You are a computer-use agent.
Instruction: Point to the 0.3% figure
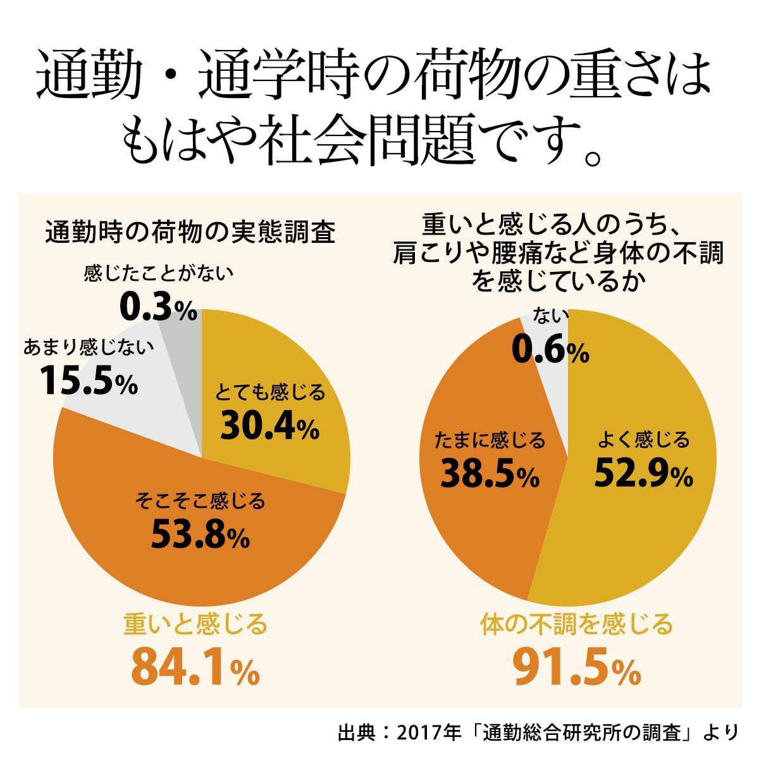coord(158,308)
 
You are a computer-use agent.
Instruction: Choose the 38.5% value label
coord(490,474)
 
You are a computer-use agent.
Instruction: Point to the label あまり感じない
coord(89,347)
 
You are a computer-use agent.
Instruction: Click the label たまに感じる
coord(490,440)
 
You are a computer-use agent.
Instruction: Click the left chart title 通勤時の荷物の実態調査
coord(190,233)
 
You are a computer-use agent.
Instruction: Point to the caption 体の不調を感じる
coord(576,625)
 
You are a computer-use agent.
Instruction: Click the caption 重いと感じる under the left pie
coord(195,625)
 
